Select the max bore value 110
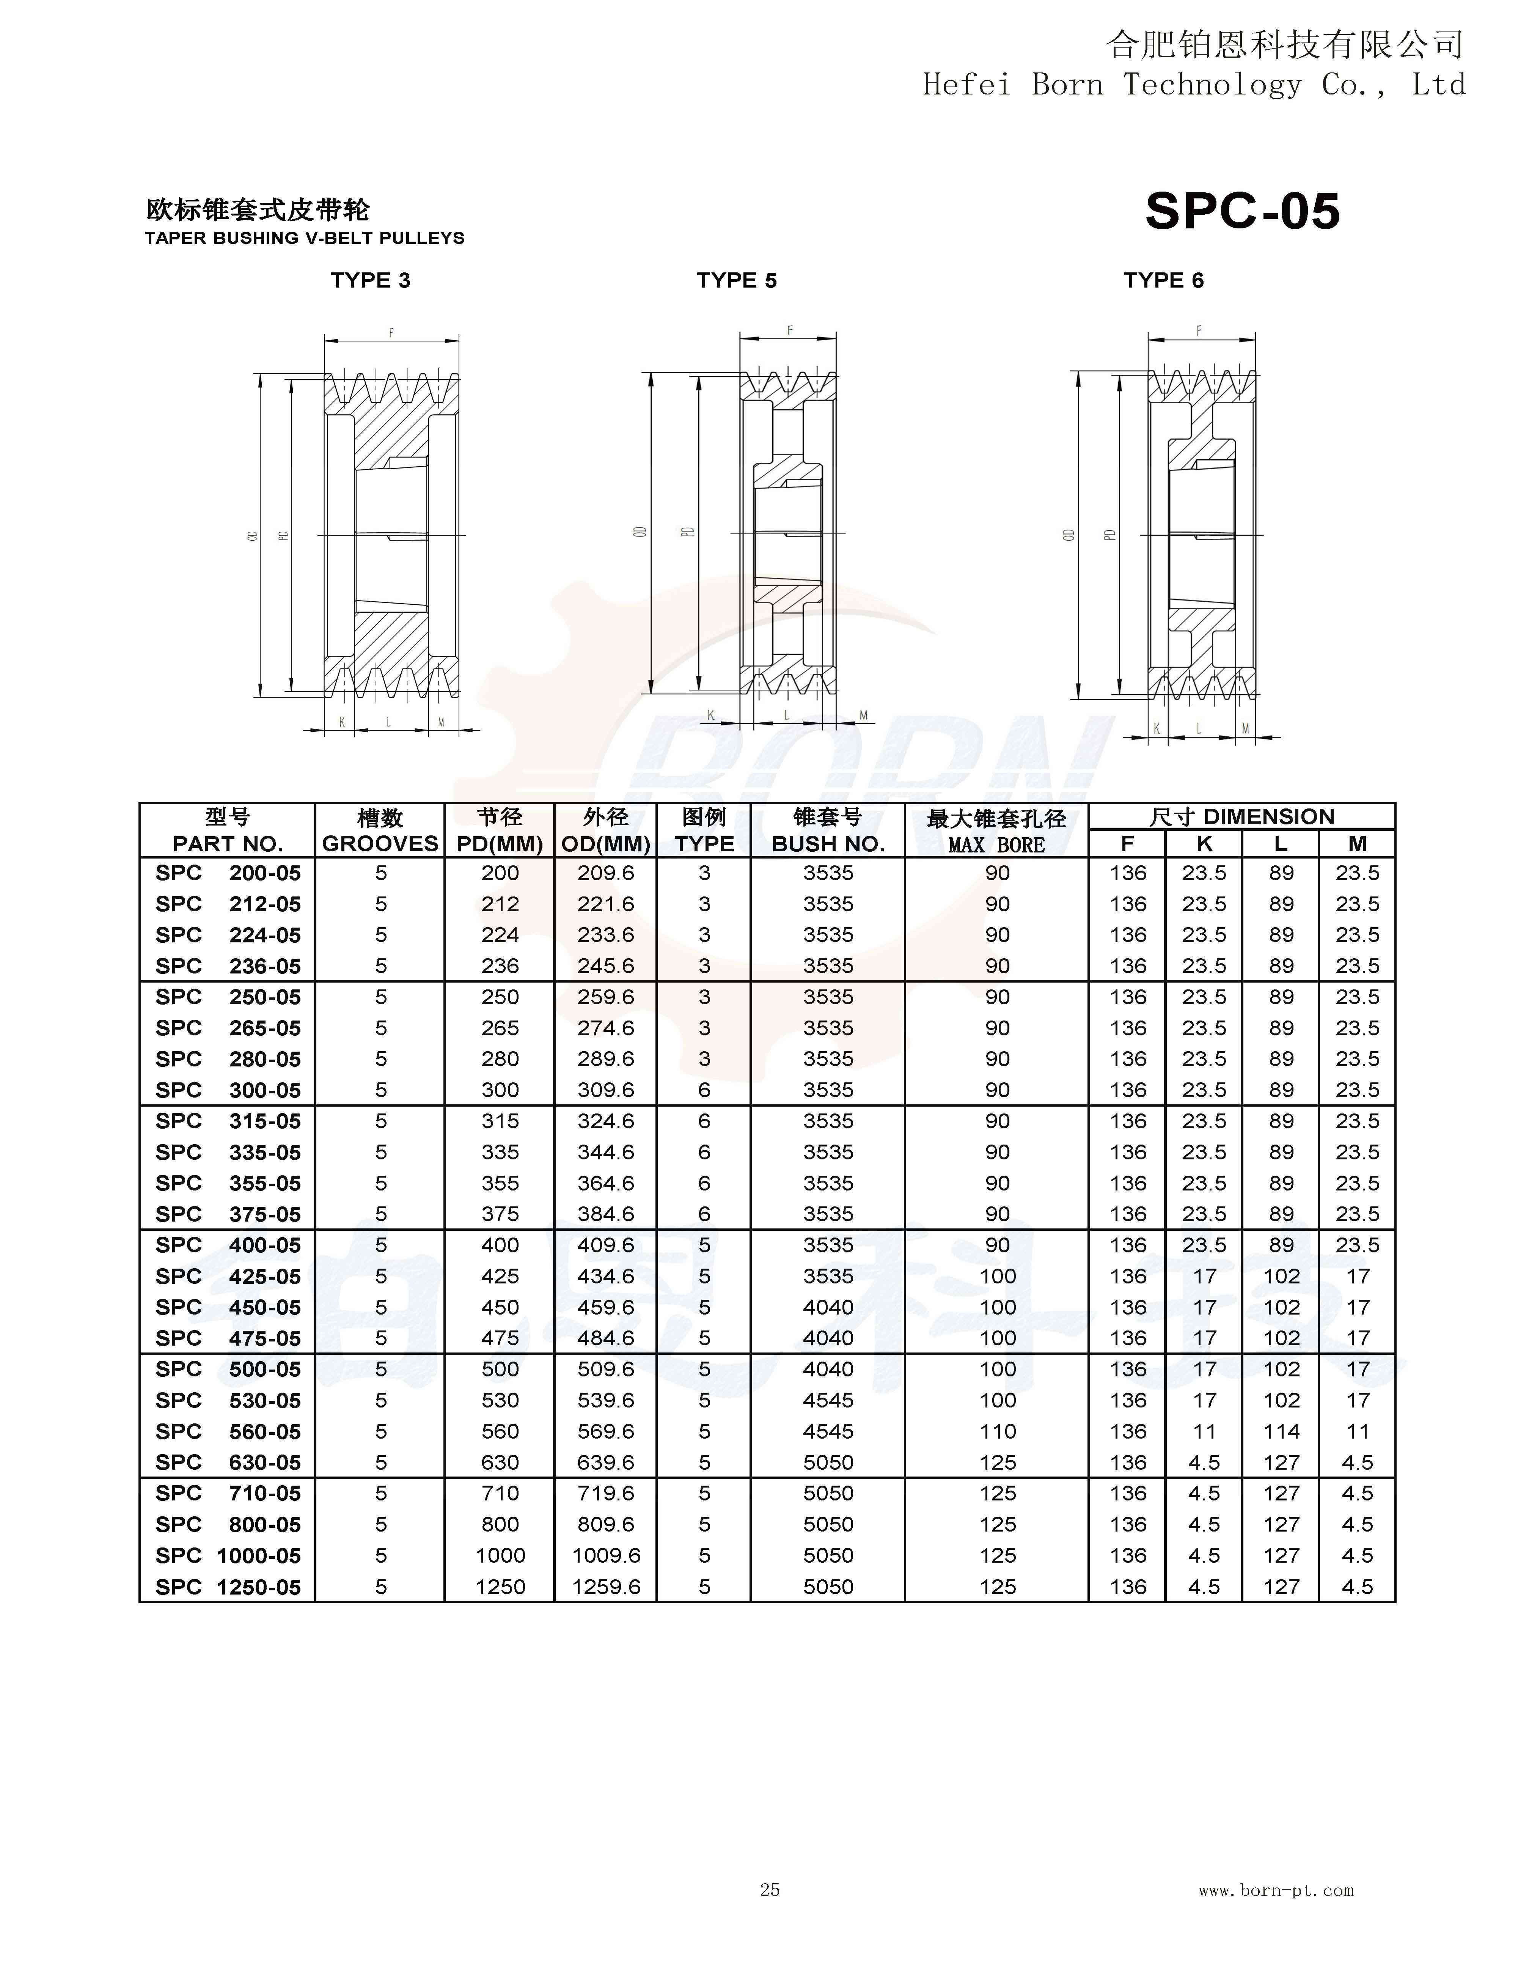pyautogui.click(x=997, y=1432)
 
